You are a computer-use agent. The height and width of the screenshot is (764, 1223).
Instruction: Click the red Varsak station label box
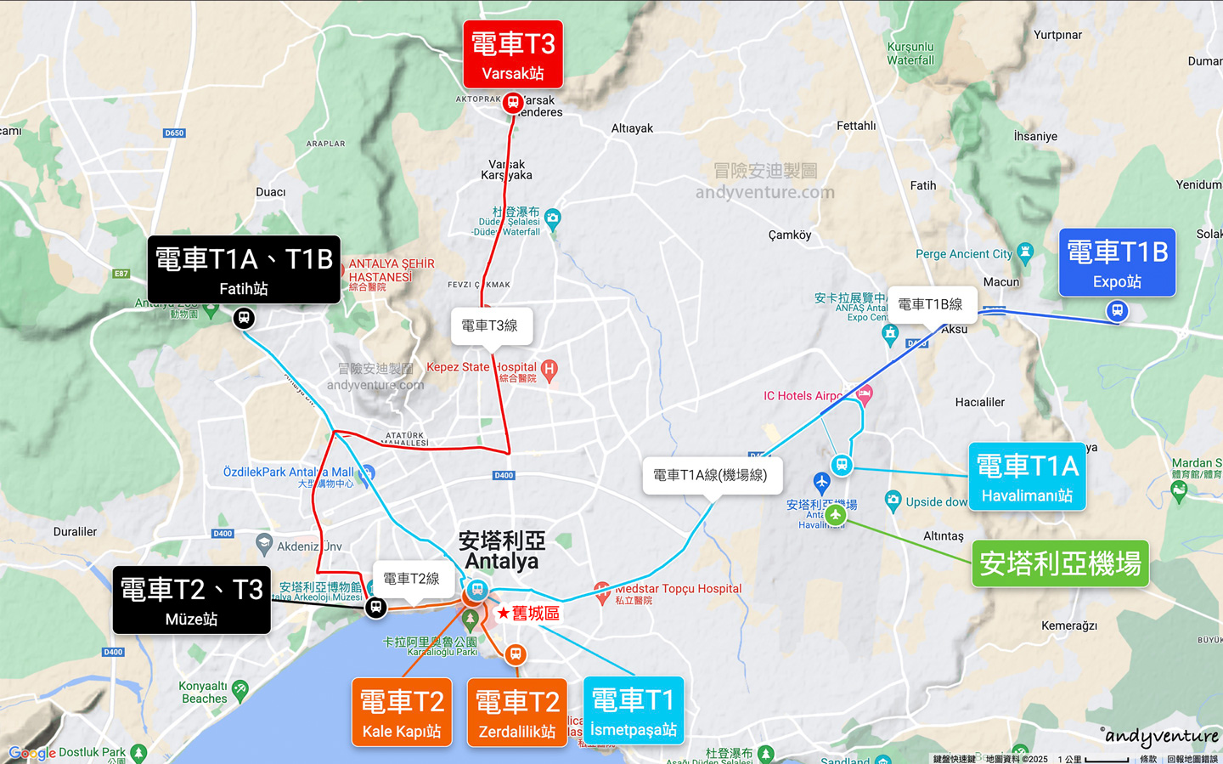(x=513, y=54)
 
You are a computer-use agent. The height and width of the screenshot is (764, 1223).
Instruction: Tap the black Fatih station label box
(x=244, y=269)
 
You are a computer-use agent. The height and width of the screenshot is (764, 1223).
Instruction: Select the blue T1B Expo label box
(x=1117, y=263)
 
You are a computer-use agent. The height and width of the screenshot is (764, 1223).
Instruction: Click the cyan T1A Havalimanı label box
(x=1027, y=477)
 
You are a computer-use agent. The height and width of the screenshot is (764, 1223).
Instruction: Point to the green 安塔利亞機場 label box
(x=1060, y=563)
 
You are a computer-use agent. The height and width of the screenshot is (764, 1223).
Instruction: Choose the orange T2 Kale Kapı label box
(x=402, y=712)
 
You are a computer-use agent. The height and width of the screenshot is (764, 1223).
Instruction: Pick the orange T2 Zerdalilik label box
(x=517, y=712)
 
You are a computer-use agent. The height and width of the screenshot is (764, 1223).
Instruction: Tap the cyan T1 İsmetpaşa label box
(x=634, y=710)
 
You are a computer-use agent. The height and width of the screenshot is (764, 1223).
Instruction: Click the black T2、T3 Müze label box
(x=192, y=600)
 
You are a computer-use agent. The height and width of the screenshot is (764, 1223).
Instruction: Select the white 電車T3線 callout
(x=490, y=325)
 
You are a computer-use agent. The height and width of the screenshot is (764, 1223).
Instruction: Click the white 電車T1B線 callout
(x=930, y=304)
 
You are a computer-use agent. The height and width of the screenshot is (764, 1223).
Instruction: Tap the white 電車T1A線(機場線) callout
(x=711, y=475)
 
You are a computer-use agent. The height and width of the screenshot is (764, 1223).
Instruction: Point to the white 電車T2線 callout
(x=412, y=579)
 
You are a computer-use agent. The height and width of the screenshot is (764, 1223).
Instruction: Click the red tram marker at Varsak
(x=512, y=103)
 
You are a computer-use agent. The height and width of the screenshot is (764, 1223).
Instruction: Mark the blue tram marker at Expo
(x=1118, y=311)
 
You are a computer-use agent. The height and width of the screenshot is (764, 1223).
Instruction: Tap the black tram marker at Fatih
(x=244, y=319)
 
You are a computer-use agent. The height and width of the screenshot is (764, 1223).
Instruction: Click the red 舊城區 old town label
(x=529, y=613)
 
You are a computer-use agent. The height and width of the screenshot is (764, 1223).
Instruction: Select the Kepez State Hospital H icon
(x=550, y=369)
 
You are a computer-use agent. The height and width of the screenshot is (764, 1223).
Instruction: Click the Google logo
(x=32, y=753)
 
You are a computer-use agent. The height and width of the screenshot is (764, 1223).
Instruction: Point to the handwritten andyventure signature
(x=1161, y=736)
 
